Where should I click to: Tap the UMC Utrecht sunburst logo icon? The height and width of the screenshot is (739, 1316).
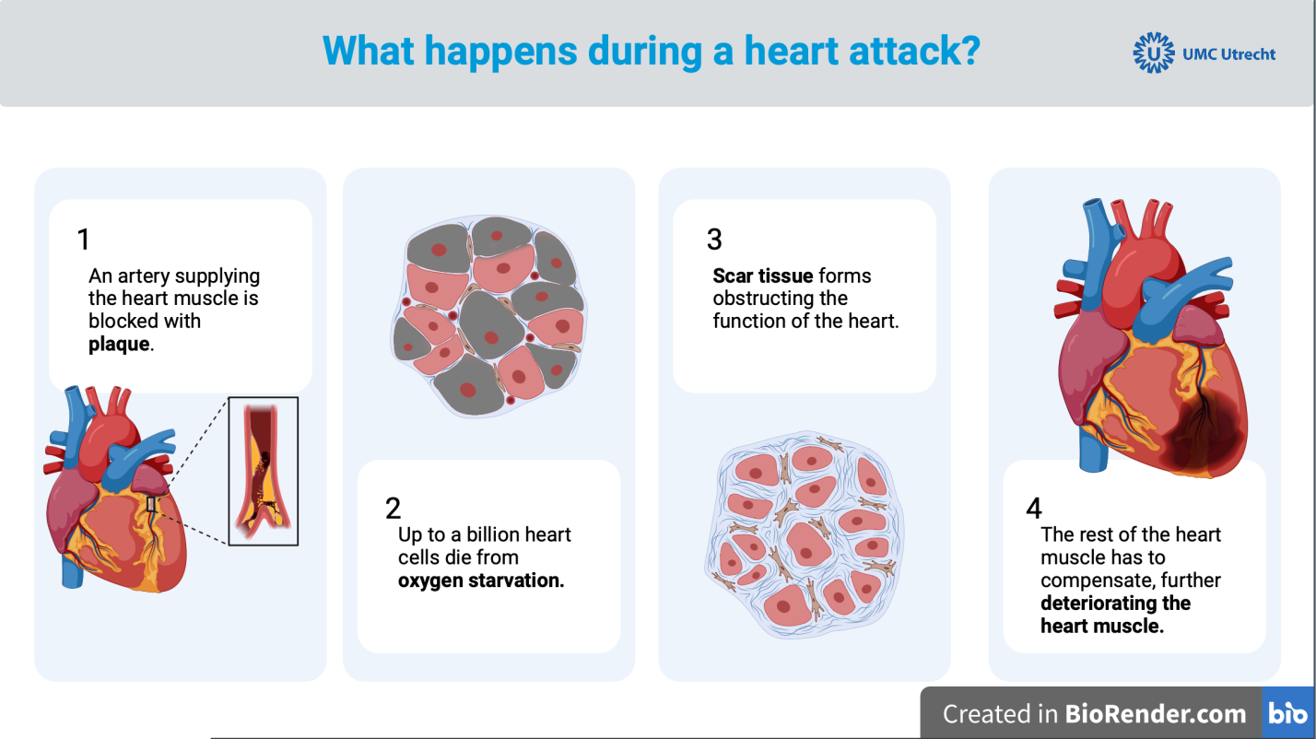(1154, 53)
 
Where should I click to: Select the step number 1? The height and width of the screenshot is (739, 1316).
(84, 240)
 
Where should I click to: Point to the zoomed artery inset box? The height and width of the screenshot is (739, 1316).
(263, 471)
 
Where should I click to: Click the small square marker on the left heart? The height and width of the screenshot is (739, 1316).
(151, 504)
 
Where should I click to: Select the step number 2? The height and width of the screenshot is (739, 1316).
(394, 509)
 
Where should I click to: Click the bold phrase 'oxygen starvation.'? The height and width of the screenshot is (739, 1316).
(481, 581)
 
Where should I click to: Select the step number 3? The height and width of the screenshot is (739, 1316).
(714, 240)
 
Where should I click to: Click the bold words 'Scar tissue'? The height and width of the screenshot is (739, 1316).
(762, 276)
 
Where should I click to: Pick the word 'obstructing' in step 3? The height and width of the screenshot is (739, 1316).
(759, 299)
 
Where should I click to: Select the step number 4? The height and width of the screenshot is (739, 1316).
(1033, 509)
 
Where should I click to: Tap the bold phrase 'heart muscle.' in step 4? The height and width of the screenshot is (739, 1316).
(1102, 626)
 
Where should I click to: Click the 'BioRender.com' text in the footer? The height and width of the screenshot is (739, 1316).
(1156, 714)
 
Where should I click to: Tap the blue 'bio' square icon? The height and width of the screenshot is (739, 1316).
(1287, 713)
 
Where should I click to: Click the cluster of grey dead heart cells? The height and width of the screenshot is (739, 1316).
(489, 313)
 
